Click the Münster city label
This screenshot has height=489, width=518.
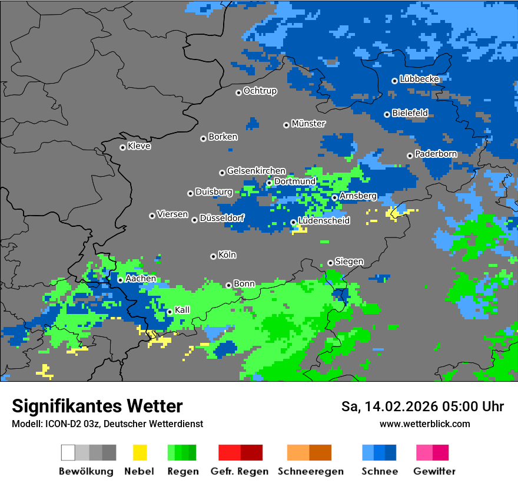point(308,124)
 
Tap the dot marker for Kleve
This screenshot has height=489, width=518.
point(122,147)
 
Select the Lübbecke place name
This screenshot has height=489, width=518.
point(419,79)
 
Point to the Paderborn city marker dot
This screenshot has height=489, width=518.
point(410,156)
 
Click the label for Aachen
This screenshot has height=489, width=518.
point(141,279)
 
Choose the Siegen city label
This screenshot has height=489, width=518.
point(349,262)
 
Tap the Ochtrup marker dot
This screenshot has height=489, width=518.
point(238,92)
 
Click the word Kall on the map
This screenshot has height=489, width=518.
point(182,310)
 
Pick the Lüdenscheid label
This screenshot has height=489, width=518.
point(324,221)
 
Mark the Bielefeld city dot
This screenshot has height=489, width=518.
point(387,114)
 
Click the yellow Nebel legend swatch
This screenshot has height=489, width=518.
point(140,452)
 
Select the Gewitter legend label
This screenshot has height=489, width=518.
point(434,471)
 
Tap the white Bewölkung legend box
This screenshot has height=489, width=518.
point(68,452)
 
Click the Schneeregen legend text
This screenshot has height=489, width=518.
point(310,471)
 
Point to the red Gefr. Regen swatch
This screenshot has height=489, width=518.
point(229,452)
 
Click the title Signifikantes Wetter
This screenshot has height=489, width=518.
point(97,406)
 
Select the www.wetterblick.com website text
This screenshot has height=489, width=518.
point(424,424)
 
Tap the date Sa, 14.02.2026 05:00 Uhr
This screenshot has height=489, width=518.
point(422,407)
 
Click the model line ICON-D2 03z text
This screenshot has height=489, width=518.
point(107,424)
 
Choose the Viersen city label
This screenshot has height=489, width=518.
point(172,214)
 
